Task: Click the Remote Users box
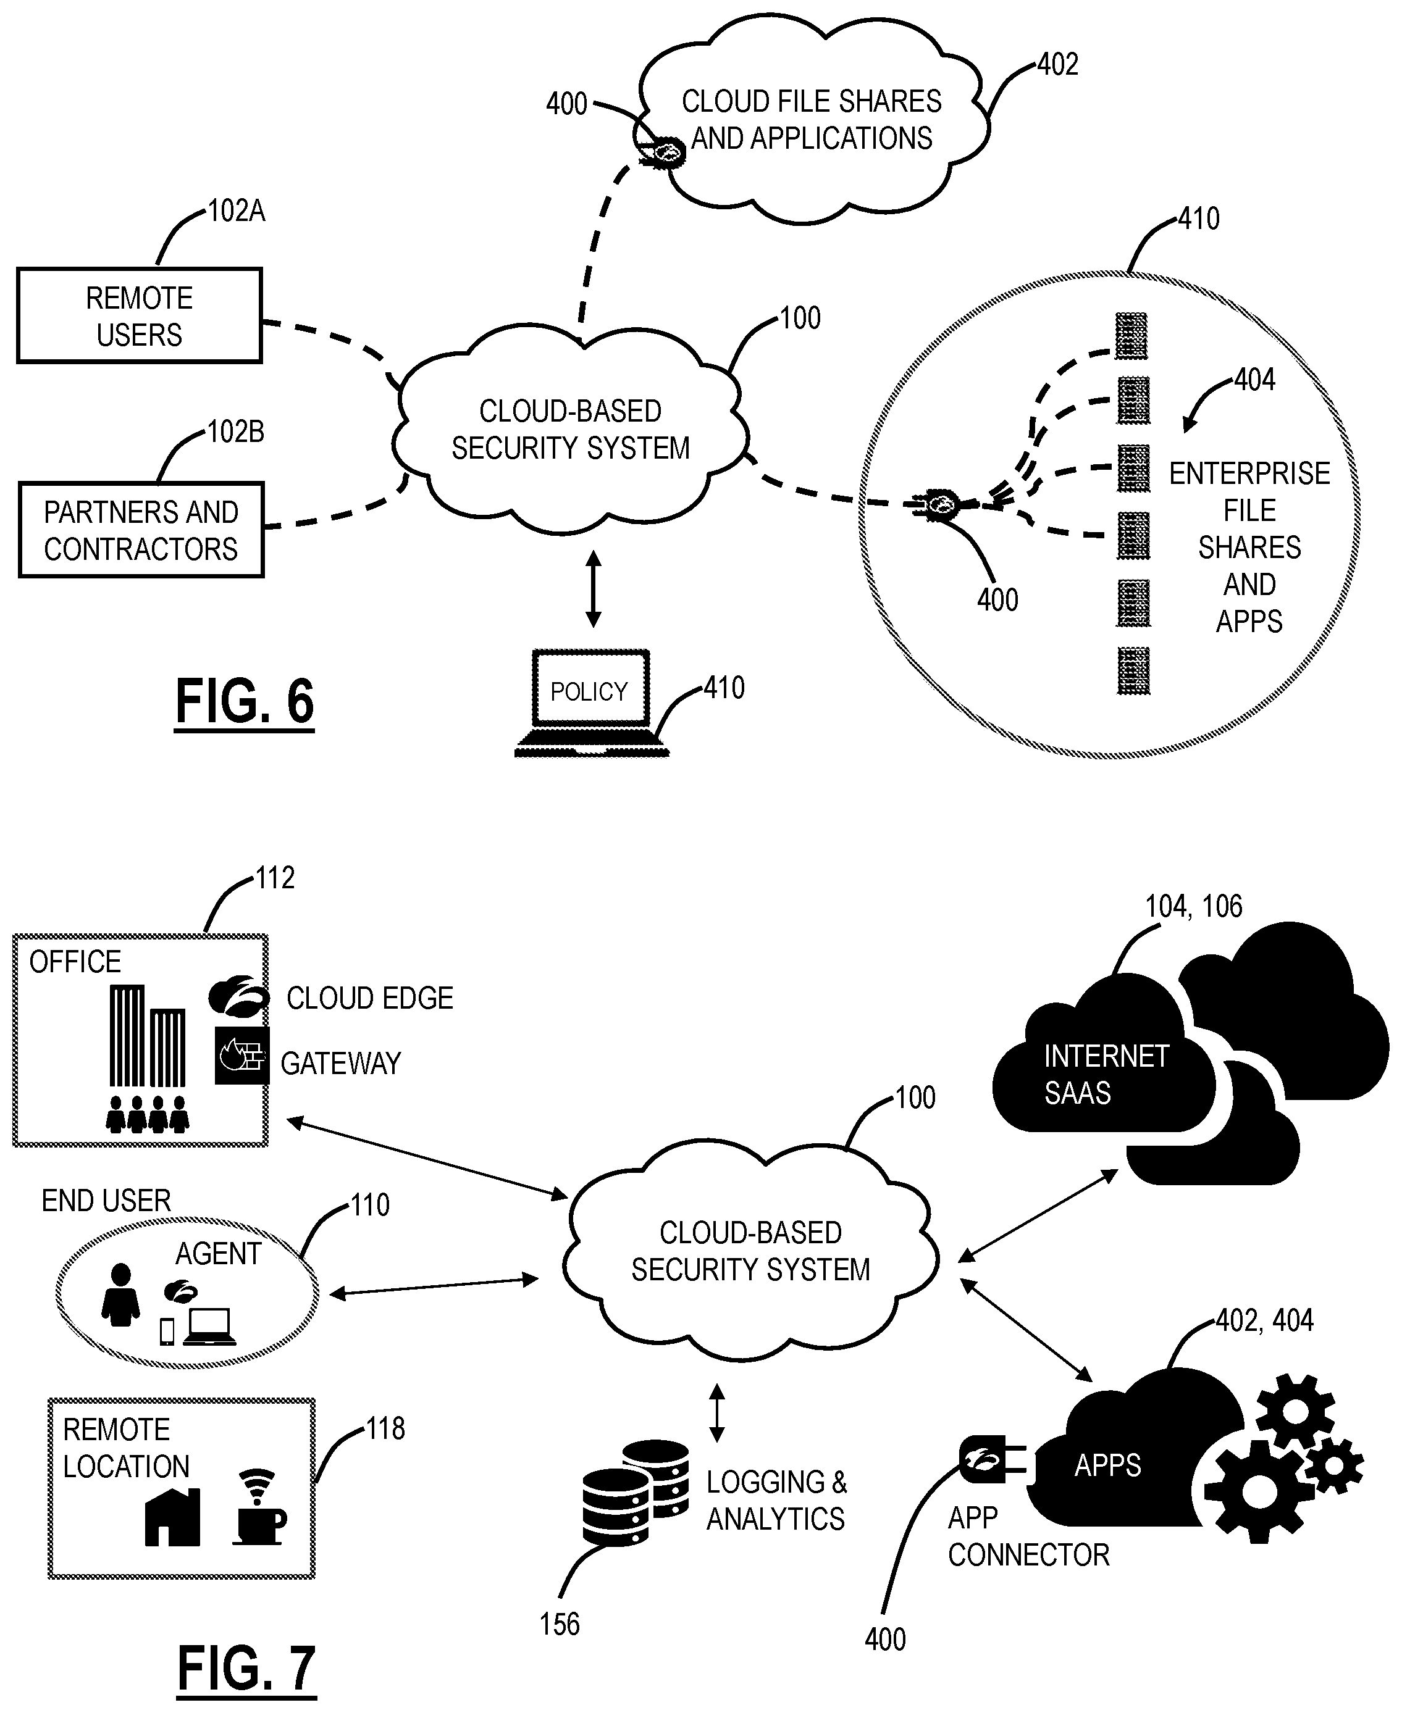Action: coord(140,315)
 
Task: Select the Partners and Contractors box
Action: coord(141,530)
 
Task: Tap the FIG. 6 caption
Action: coord(245,701)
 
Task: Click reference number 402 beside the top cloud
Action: coord(1057,65)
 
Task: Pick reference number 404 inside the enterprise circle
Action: coord(1254,380)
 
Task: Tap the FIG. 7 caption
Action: coord(246,1669)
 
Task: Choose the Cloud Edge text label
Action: coord(370,999)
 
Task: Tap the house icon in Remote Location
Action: coord(172,1518)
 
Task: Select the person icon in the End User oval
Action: coord(121,1295)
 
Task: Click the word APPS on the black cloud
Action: coord(1107,1465)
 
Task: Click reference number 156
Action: coord(560,1624)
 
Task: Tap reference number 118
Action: coord(385,1430)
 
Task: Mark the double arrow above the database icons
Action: coord(716,1414)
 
